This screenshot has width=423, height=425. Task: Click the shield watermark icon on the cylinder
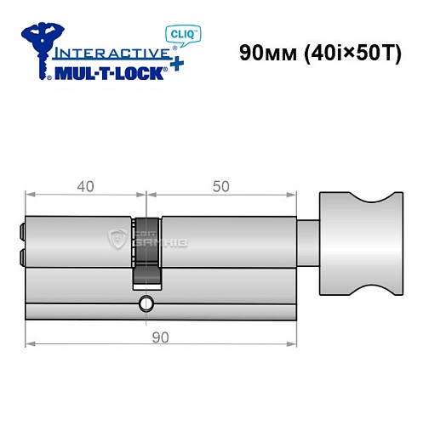tap(117, 241)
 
